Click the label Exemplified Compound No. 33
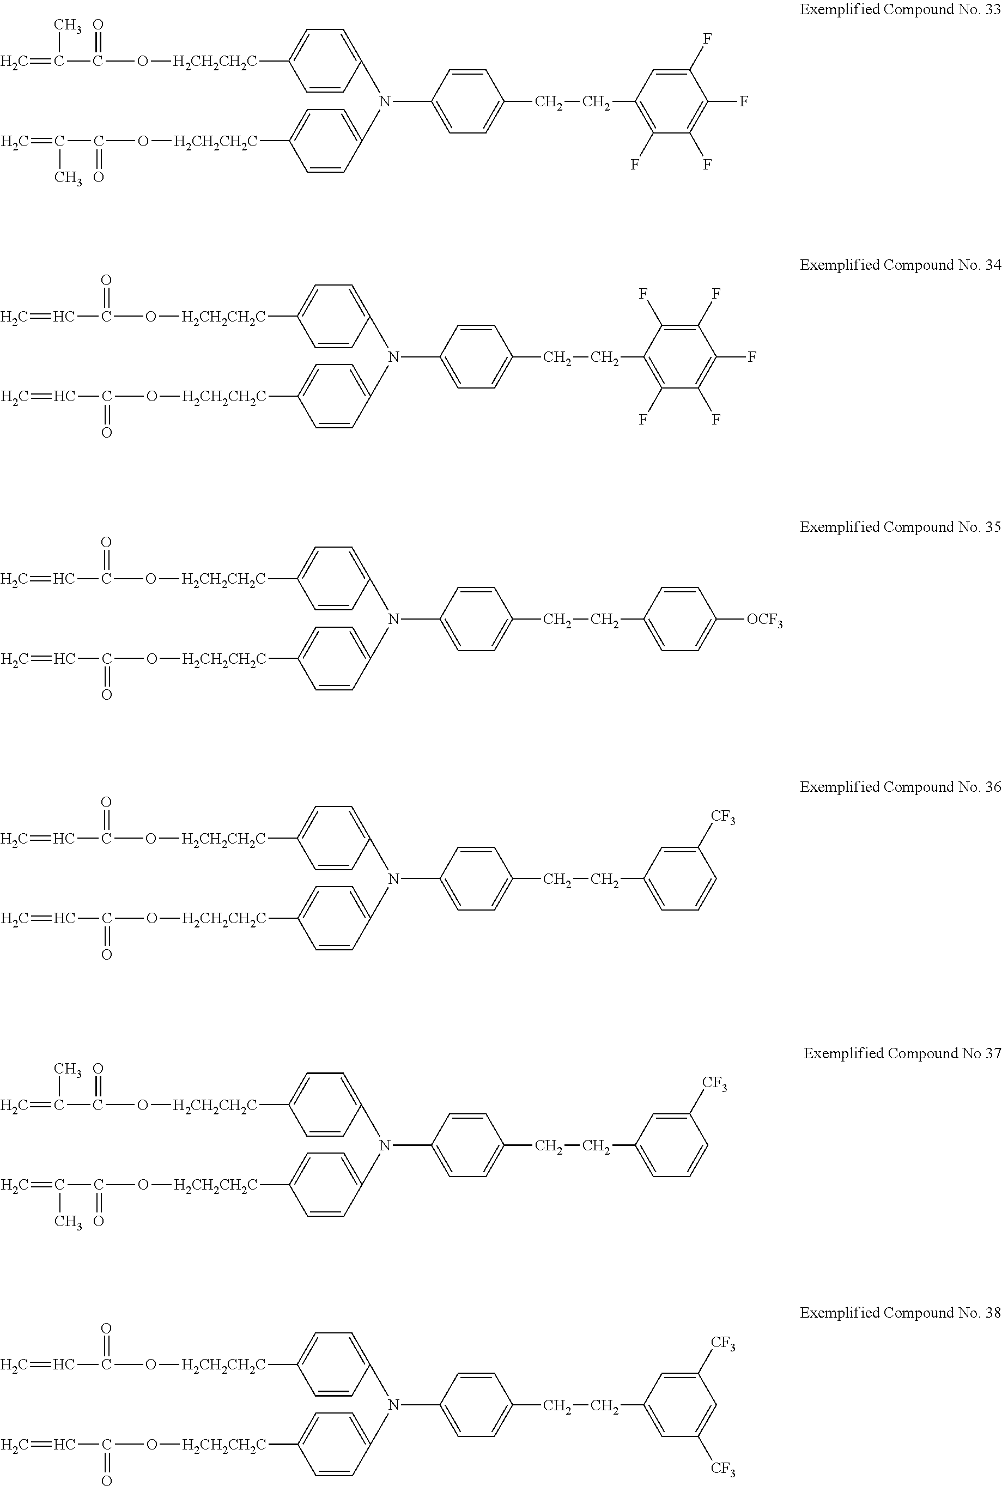(x=900, y=10)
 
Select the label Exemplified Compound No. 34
(x=900, y=265)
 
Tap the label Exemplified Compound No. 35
(x=900, y=527)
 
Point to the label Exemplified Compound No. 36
(x=900, y=787)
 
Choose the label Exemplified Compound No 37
(x=902, y=1053)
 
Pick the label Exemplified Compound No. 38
(x=900, y=1313)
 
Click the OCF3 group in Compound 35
(x=764, y=620)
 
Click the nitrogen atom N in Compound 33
(x=385, y=101)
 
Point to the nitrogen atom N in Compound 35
(x=393, y=618)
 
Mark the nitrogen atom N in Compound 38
(x=393, y=1405)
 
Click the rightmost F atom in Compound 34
(x=752, y=356)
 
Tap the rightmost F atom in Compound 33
(x=744, y=101)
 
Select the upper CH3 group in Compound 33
(x=67, y=26)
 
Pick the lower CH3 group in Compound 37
(x=68, y=1223)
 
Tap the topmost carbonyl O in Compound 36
(x=107, y=802)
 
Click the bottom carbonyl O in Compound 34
(x=107, y=433)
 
